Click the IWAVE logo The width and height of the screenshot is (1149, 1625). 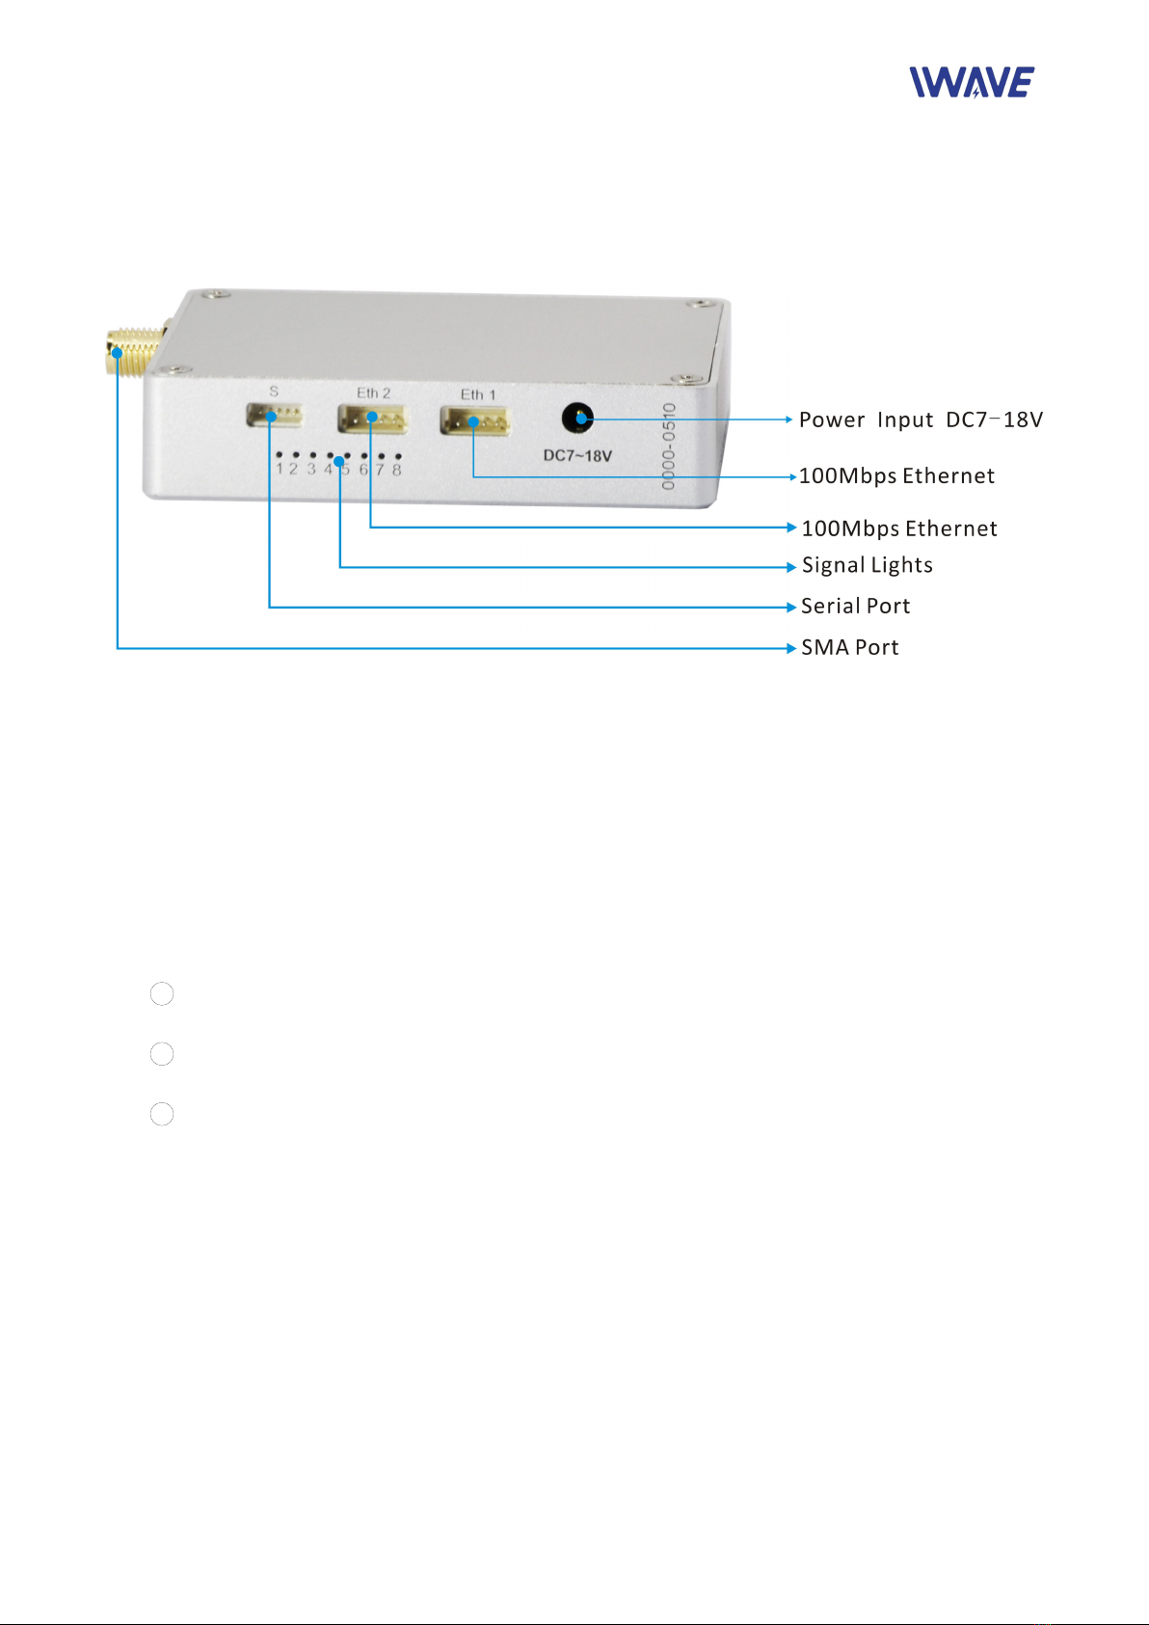[x=972, y=83]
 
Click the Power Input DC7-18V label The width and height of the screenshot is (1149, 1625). [x=921, y=420]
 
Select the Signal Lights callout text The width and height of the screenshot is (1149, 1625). [x=867, y=566]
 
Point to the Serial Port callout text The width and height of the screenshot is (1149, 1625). [x=855, y=607]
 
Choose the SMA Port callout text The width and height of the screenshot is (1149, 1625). [x=849, y=648]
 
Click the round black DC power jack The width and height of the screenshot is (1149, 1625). [x=577, y=419]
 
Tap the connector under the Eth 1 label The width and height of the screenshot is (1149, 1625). [x=475, y=421]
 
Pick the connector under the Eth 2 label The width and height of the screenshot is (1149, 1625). [x=372, y=419]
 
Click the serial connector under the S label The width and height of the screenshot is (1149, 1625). [x=274, y=416]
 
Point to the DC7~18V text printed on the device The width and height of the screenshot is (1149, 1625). [x=577, y=456]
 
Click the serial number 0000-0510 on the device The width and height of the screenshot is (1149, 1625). [x=669, y=447]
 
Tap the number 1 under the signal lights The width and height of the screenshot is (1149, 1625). [x=280, y=470]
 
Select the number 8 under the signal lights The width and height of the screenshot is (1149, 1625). [x=396, y=471]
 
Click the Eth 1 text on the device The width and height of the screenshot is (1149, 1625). [x=477, y=394]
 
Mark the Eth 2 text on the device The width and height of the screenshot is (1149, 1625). [x=373, y=393]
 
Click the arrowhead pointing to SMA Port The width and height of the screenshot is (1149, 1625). [x=791, y=648]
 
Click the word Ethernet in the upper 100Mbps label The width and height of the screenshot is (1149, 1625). [x=949, y=476]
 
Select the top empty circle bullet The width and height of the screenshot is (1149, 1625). [x=162, y=994]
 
